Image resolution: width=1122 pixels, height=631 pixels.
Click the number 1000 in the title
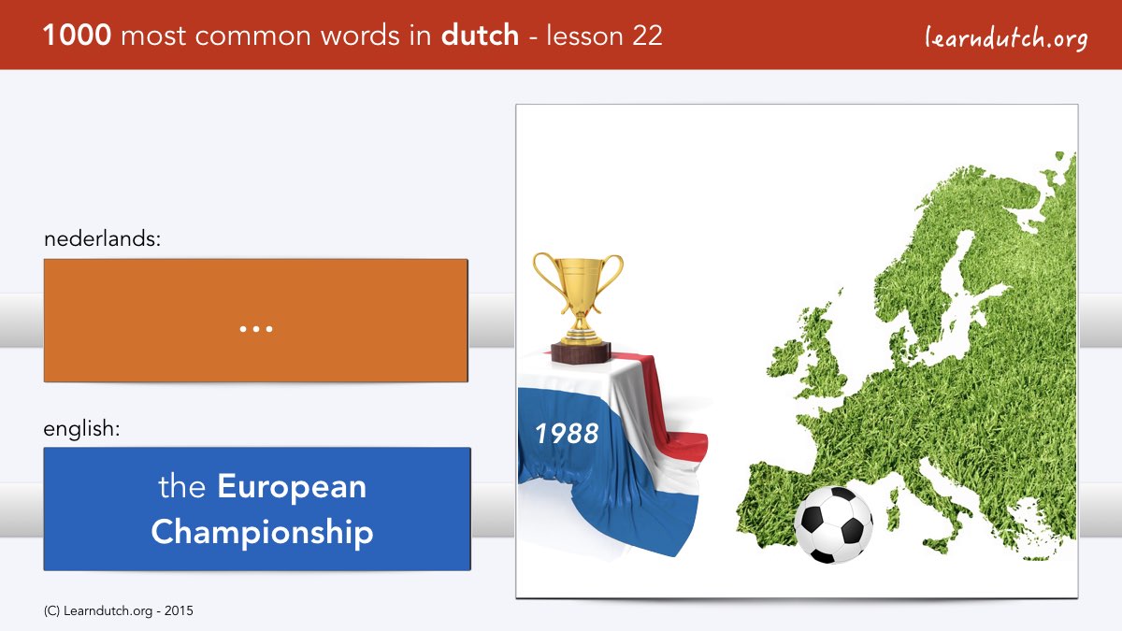coord(77,36)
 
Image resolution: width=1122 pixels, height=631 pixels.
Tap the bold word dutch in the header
coord(480,35)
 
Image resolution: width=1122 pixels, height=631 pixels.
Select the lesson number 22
coord(647,36)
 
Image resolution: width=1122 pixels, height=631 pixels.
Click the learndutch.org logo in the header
coord(1006,38)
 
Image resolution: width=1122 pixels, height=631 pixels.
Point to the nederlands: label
coord(102,238)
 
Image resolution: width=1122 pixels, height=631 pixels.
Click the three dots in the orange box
coord(256,329)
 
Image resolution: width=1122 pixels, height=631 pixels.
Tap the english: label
coord(81,429)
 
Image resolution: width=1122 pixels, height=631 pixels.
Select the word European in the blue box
coord(292,488)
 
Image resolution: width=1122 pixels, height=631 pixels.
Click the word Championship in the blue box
coord(262,532)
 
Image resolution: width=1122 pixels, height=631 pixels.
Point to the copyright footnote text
coord(118,611)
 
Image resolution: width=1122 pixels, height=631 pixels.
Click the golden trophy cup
coord(579,299)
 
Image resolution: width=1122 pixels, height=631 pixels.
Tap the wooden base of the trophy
coord(581,352)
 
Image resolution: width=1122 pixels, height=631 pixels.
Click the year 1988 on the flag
coord(567,433)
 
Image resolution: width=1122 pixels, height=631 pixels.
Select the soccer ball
coord(833,524)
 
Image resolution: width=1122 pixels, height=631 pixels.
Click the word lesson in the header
coord(585,36)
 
